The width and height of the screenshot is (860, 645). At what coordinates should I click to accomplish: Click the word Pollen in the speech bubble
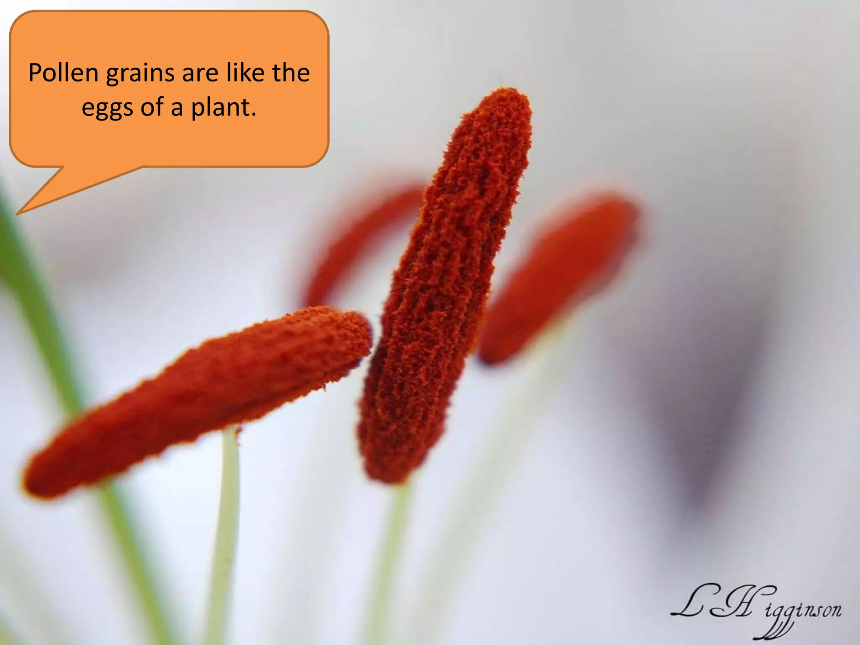63,73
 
